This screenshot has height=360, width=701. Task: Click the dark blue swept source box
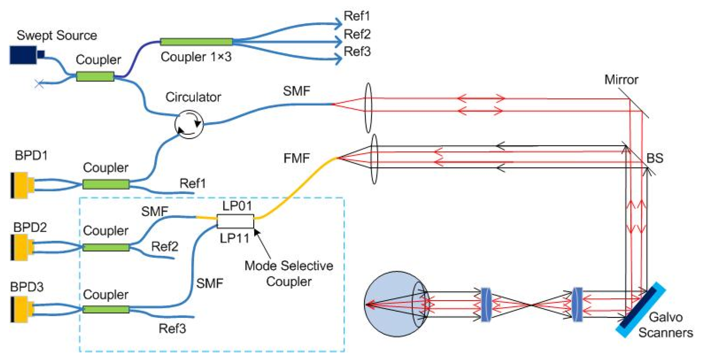click(x=23, y=55)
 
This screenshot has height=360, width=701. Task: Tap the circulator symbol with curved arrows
click(x=189, y=124)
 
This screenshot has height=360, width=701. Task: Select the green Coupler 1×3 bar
click(x=196, y=42)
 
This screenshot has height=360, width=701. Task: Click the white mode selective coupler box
click(x=235, y=221)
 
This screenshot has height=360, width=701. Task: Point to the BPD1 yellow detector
click(x=21, y=185)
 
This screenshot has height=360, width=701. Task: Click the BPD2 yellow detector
click(x=21, y=247)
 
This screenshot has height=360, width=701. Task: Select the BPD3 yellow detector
click(x=21, y=309)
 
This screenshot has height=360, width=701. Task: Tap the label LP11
click(x=234, y=238)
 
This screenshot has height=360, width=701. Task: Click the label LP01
click(x=237, y=206)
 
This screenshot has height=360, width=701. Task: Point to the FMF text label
click(x=296, y=158)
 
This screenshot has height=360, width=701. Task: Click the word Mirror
click(x=621, y=80)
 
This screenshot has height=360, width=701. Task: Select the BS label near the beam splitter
click(x=655, y=158)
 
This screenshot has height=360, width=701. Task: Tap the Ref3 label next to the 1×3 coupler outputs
click(x=357, y=52)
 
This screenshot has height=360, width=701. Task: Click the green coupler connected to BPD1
click(x=106, y=184)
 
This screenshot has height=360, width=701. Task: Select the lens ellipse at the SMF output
click(x=368, y=108)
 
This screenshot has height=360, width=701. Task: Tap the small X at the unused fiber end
click(x=39, y=83)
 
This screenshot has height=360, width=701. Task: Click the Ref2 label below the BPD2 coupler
click(x=165, y=246)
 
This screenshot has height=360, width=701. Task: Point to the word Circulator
click(x=193, y=97)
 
